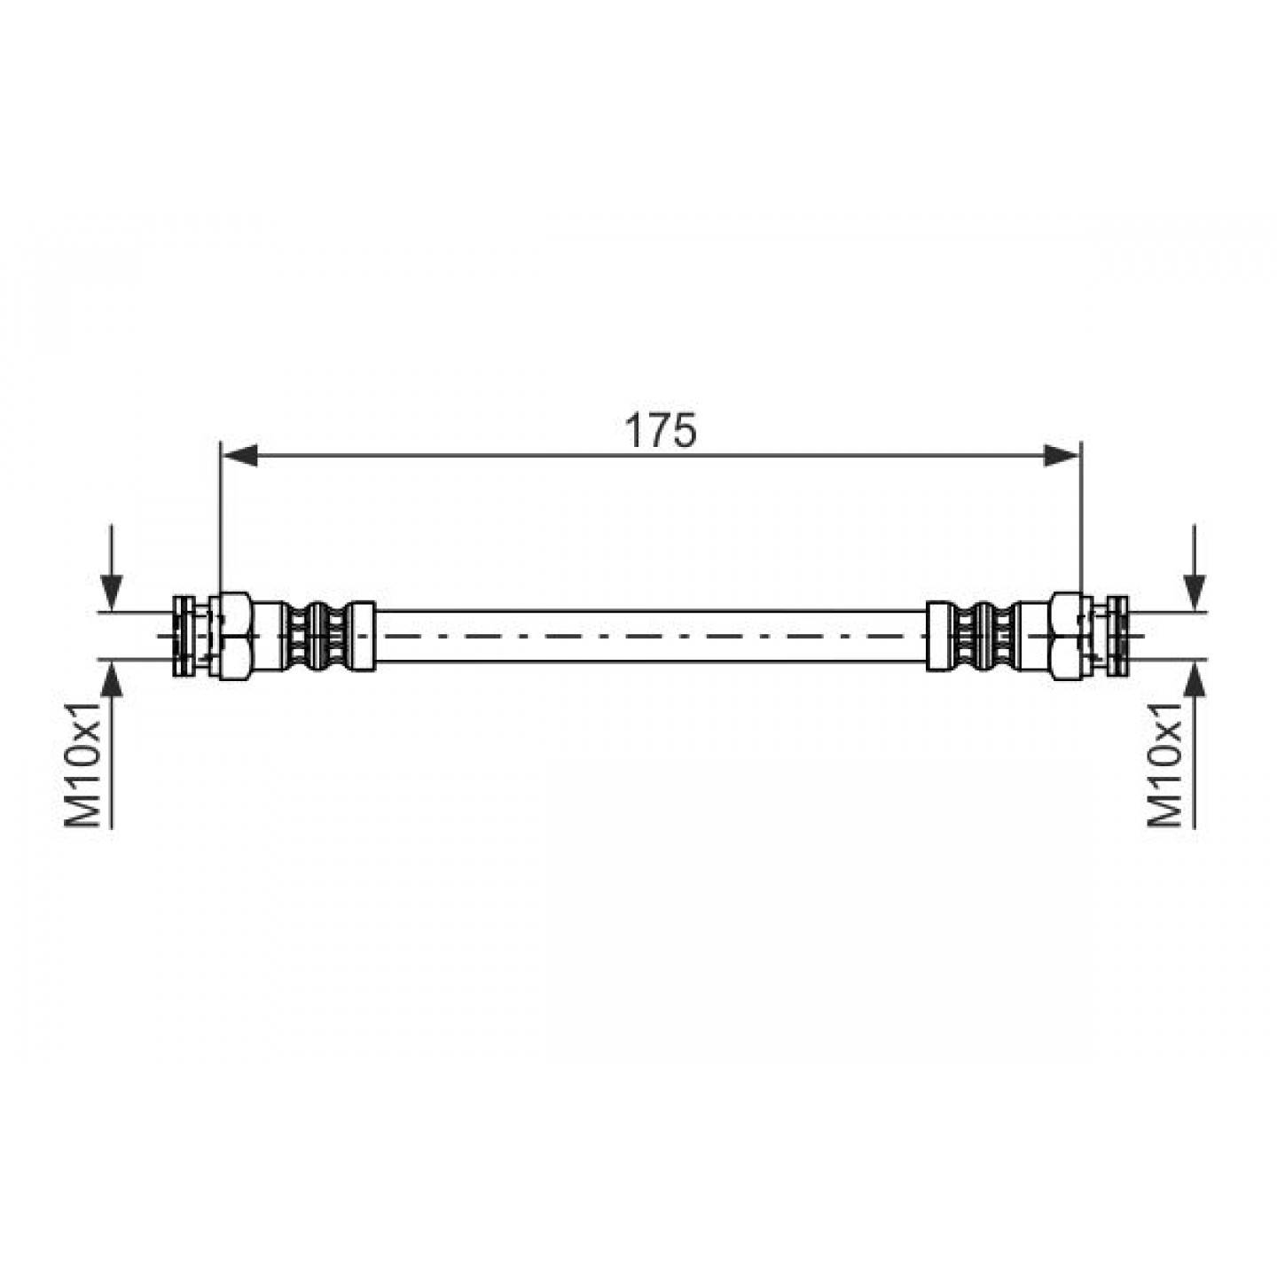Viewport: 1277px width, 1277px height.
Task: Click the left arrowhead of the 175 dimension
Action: point(239,455)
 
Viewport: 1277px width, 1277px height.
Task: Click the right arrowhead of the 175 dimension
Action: point(1062,455)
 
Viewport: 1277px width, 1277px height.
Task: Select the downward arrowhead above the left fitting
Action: point(112,591)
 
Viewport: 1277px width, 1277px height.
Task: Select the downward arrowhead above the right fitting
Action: point(1195,591)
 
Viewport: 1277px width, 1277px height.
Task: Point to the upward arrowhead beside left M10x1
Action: point(112,678)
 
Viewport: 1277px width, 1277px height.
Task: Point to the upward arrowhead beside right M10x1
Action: point(1195,678)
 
